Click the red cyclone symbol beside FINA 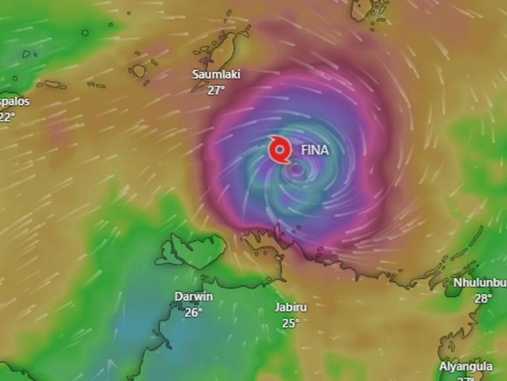[x=280, y=150]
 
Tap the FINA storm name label [x=314, y=150]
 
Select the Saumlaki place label [x=216, y=74]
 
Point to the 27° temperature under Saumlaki [x=216, y=90]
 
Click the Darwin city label [x=193, y=296]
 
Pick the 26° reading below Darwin [x=193, y=312]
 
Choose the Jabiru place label [x=290, y=307]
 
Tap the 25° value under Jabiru [x=290, y=323]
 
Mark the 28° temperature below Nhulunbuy [x=483, y=298]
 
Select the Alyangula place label [x=465, y=366]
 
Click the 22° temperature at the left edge [x=7, y=118]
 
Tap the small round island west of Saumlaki [x=138, y=71]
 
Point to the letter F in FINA [x=304, y=150]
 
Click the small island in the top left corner [x=85, y=32]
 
